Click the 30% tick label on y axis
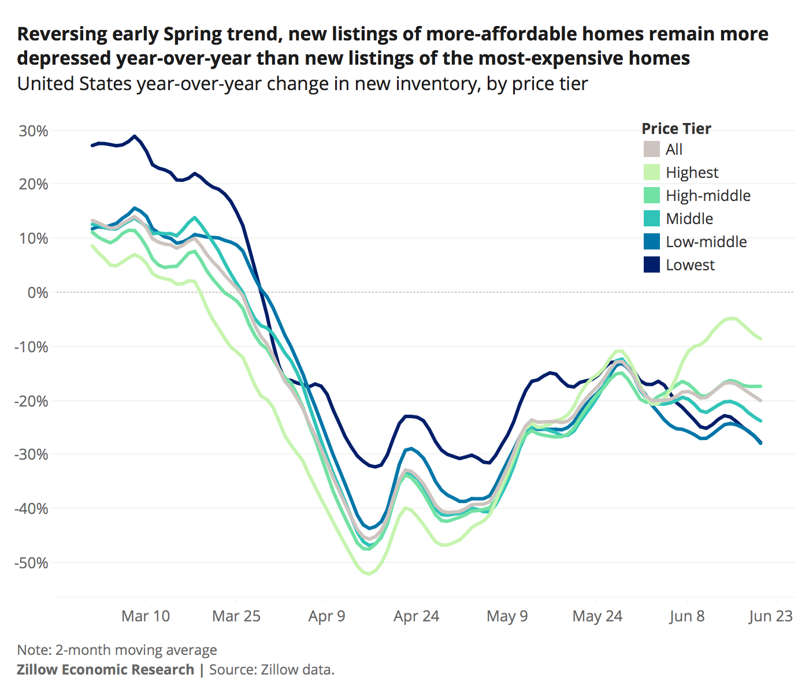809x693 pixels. click(34, 131)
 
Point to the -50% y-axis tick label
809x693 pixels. click(31, 562)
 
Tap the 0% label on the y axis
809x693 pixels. click(38, 293)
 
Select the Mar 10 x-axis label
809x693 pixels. click(146, 616)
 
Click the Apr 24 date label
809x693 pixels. click(416, 616)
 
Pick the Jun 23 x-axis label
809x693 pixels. click(770, 616)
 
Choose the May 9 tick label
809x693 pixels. click(507, 616)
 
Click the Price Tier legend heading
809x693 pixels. click(676, 128)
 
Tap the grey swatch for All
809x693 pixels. click(652, 149)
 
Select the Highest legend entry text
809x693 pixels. click(692, 172)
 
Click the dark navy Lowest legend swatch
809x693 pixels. click(652, 264)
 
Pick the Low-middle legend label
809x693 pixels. click(706, 241)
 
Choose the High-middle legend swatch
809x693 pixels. click(652, 195)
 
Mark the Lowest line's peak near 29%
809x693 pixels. click(135, 136)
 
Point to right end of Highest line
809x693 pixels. click(760, 338)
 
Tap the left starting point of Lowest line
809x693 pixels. click(92, 146)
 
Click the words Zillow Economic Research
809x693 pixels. click(105, 669)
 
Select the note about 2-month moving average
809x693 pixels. click(117, 650)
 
